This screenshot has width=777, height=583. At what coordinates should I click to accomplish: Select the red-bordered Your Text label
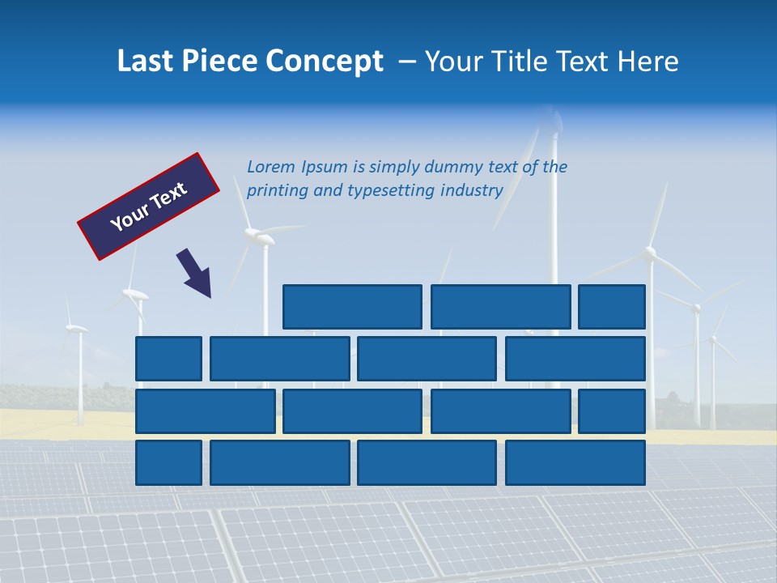148,206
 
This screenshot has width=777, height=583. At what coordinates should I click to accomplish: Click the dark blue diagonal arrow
195,274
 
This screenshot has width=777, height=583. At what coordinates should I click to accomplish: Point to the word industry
472,190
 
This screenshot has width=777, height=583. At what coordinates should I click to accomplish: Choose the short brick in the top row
612,307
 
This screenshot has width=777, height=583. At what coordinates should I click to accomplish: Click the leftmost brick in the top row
352,307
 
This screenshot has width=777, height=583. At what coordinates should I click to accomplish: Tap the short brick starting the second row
168,359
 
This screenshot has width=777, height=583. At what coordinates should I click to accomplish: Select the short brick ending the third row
612,411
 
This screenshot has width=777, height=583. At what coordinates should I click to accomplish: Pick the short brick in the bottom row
168,463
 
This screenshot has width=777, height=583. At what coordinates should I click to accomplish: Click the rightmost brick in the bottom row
575,463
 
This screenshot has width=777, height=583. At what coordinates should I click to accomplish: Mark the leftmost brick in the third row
206,411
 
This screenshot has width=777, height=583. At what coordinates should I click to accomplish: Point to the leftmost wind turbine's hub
75,328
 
